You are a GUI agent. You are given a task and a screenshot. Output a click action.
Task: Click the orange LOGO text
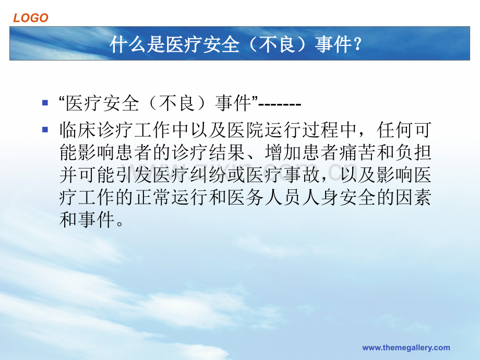pyautogui.click(x=31, y=18)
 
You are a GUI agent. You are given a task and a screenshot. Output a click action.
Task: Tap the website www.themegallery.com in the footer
pyautogui.click(x=406, y=347)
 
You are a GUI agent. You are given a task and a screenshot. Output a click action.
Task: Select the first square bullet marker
pyautogui.click(x=45, y=103)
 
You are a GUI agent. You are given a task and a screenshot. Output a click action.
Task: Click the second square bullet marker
pyautogui.click(x=45, y=129)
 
